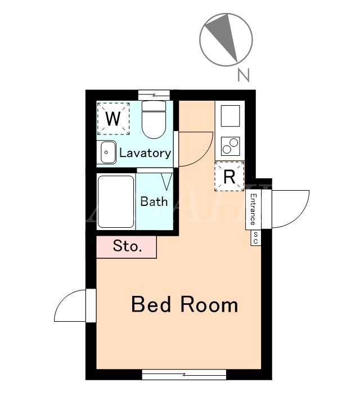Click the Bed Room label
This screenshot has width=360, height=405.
[x=184, y=304]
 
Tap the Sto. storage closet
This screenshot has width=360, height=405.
[x=127, y=247]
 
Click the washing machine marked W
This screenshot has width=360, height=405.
[x=114, y=119]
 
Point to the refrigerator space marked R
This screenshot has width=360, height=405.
[x=229, y=177]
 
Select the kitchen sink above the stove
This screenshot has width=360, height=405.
[x=231, y=116]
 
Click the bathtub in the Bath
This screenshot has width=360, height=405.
[x=116, y=202]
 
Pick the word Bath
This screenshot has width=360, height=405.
[x=154, y=201]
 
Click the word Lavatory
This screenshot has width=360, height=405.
[x=145, y=153]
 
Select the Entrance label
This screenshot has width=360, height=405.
[x=254, y=209]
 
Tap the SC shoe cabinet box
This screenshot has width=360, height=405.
[x=256, y=238]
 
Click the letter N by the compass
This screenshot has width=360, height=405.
[x=243, y=75]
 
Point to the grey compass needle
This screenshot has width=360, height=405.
[x=224, y=36]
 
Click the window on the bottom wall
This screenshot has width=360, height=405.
[x=184, y=375]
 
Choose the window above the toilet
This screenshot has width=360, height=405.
[x=154, y=95]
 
